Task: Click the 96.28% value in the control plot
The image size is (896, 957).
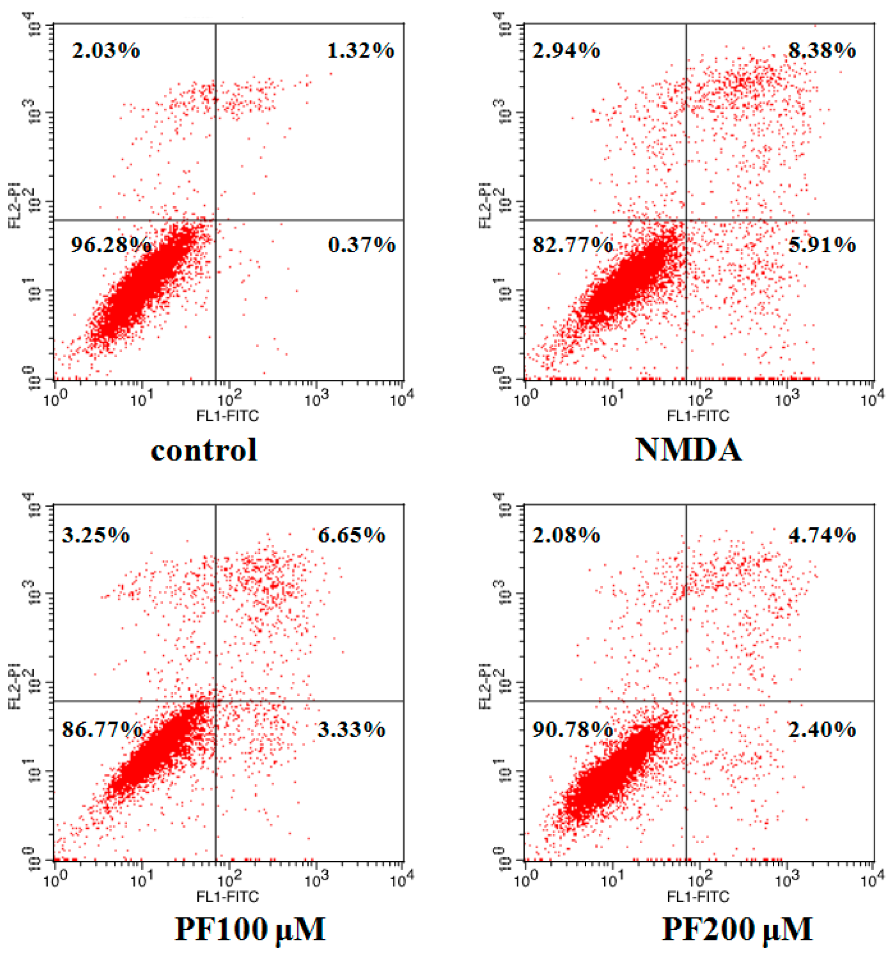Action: coord(111,245)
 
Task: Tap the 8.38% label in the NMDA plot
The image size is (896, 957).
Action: coord(822,50)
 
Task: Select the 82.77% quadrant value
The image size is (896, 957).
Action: coord(572,245)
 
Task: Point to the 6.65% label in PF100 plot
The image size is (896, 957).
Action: coord(351,535)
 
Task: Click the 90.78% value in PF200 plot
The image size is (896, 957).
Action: coord(572,730)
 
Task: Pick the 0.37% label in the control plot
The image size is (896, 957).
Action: coord(361,245)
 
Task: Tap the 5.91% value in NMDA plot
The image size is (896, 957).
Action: coord(822,245)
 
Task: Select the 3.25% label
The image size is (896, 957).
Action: coord(96,535)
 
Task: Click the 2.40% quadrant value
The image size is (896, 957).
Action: coord(822,730)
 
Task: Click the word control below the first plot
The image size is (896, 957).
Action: coord(204,450)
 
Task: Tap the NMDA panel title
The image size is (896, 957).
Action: coord(689,450)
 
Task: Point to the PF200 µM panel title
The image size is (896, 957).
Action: coord(737,929)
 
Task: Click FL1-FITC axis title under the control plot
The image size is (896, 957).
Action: coord(227,416)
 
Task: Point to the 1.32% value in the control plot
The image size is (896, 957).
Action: coord(361,50)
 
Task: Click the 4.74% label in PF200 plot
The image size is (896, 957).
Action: coord(822,535)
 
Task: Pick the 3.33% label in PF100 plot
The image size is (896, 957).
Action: coord(351,730)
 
